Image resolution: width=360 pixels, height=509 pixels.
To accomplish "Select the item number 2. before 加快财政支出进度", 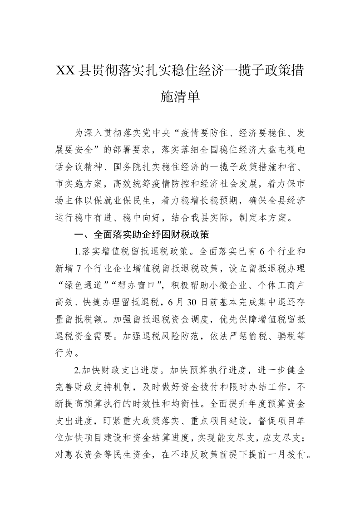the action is [78, 370].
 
